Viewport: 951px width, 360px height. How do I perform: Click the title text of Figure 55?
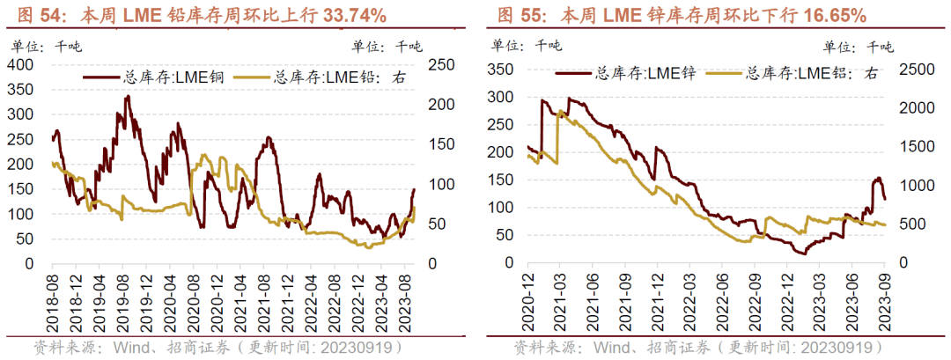682,15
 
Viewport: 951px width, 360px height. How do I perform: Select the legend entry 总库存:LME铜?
154,77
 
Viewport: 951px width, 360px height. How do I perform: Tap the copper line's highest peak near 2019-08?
128,96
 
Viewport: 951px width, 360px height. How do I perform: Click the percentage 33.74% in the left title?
344,15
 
